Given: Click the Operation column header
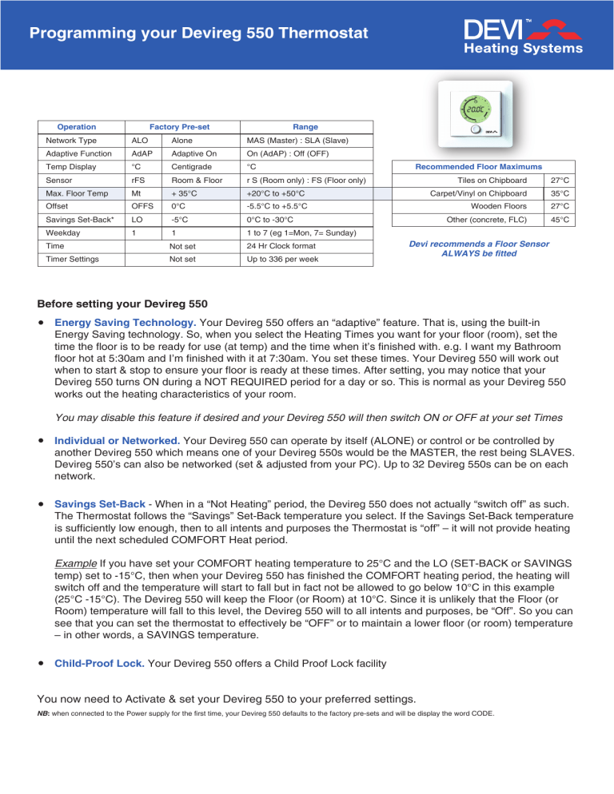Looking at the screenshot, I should [77, 127].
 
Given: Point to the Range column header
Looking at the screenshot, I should [305, 127].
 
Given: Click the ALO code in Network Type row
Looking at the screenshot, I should [138, 141].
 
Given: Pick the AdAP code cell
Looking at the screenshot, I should [141, 155].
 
